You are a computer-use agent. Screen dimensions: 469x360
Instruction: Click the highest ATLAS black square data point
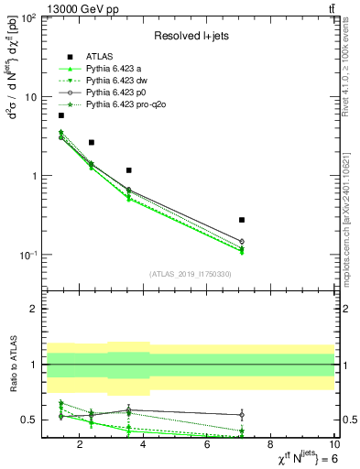pyautogui.click(x=61, y=115)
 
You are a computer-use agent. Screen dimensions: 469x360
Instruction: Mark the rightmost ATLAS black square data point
pyautogui.click(x=242, y=220)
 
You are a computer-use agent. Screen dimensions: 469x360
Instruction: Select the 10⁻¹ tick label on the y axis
pyautogui.click(x=27, y=255)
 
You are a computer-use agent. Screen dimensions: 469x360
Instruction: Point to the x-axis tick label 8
pyautogui.click(x=271, y=446)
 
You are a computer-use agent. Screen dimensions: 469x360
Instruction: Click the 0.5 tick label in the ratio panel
pyautogui.click(x=28, y=420)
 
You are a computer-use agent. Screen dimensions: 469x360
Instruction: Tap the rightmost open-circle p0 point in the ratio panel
pyautogui.click(x=242, y=415)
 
